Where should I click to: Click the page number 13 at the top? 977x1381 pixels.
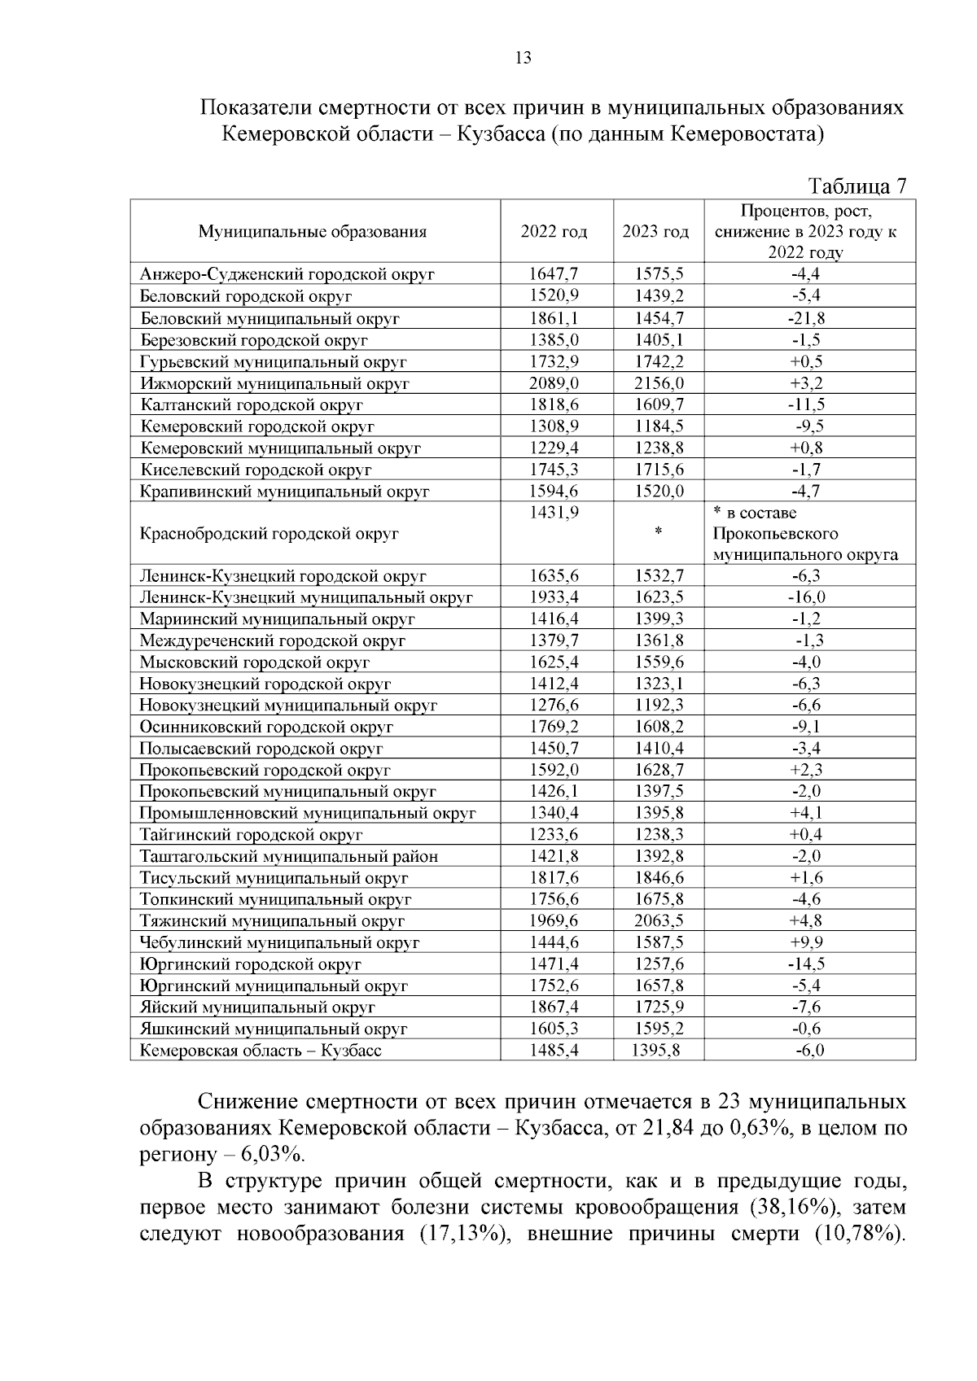tap(524, 58)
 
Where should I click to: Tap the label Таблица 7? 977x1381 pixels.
tap(857, 187)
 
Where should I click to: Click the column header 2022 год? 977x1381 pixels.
tap(554, 232)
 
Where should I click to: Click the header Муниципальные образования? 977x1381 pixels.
tap(313, 232)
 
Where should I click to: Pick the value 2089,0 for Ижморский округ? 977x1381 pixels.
tap(554, 383)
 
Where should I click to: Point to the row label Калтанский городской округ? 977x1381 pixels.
tap(252, 404)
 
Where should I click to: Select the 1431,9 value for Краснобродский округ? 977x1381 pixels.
tap(554, 513)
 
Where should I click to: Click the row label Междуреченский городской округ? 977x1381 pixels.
tap(273, 641)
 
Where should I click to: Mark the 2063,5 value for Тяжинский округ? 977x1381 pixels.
tap(659, 921)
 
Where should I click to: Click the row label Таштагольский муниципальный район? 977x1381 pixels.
tap(289, 856)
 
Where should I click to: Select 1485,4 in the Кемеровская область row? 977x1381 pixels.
tap(554, 1051)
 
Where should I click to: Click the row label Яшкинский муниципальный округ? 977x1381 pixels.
tap(274, 1029)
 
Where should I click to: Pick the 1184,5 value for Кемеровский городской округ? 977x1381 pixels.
tap(659, 426)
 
